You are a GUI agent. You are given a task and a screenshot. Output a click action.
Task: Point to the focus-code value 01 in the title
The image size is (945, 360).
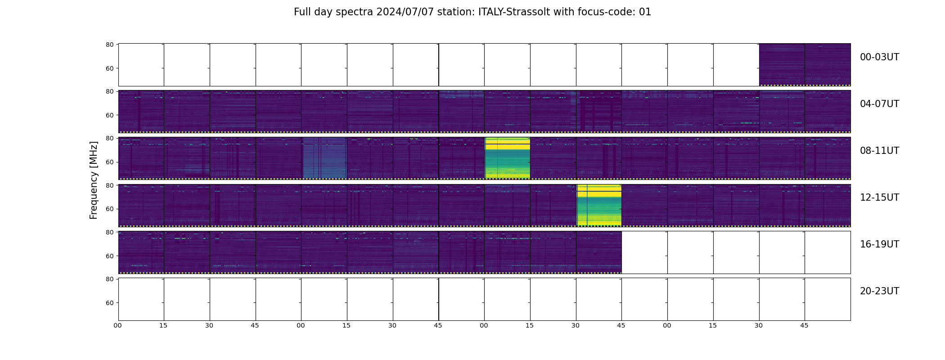[645, 12]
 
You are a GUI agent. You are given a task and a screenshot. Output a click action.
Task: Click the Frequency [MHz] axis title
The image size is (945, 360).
[94, 180]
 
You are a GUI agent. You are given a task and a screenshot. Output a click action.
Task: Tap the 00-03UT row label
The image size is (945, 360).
[879, 57]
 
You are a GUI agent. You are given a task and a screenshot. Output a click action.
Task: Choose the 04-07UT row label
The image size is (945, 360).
[879, 104]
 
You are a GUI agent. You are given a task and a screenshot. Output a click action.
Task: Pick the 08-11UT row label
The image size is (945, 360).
[879, 151]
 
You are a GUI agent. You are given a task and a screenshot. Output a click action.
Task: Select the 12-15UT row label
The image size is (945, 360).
[879, 198]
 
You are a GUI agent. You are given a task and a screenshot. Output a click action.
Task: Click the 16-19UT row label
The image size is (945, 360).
[879, 244]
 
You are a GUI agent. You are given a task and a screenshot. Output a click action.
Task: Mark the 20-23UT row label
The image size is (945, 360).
[879, 291]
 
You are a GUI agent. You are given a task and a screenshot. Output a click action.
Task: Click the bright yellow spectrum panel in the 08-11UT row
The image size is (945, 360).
[507, 157]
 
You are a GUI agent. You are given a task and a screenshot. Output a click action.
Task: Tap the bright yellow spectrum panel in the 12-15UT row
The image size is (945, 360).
[599, 205]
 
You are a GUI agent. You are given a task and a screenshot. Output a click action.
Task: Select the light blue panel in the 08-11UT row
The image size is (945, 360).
[324, 157]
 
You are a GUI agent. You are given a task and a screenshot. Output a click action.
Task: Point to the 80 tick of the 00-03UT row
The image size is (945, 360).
[109, 45]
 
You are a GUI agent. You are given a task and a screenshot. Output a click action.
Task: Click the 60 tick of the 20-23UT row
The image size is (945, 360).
[109, 303]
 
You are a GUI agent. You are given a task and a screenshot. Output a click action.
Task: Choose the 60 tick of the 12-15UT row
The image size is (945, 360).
[109, 209]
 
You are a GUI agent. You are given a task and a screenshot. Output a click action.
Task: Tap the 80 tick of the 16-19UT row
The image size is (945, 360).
[109, 232]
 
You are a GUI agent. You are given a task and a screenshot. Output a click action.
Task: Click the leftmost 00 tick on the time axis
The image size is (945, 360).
[118, 325]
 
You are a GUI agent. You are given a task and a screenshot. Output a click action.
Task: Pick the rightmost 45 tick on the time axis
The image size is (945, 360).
[804, 325]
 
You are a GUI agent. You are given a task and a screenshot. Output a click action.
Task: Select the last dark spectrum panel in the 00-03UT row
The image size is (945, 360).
[828, 64]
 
